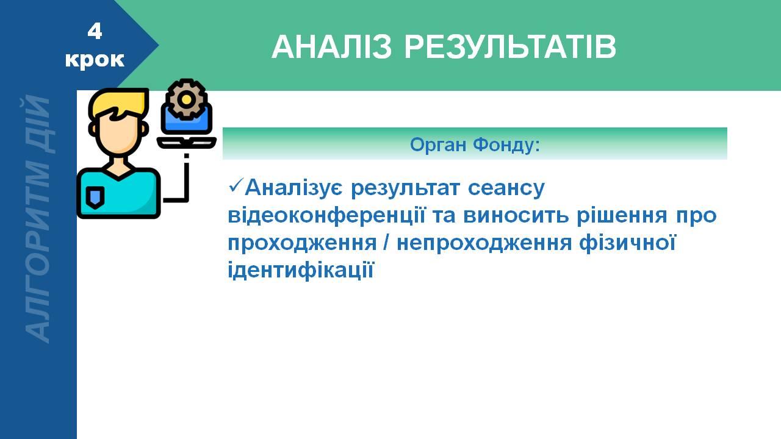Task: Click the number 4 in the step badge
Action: coord(95,31)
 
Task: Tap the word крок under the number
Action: coord(95,59)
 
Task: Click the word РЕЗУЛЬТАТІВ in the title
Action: coord(510,47)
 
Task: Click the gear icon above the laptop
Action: coord(186,99)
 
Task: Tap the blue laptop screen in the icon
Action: coord(187,120)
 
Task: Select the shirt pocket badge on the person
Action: coord(95,197)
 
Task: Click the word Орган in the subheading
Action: coord(438,145)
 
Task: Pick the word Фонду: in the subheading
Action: coord(506,145)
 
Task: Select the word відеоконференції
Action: coord(326,216)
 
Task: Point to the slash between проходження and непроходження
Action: coord(386,243)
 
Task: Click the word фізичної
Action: coord(627,243)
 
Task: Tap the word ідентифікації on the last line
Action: coord(300,270)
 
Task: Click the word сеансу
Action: coord(506,188)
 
